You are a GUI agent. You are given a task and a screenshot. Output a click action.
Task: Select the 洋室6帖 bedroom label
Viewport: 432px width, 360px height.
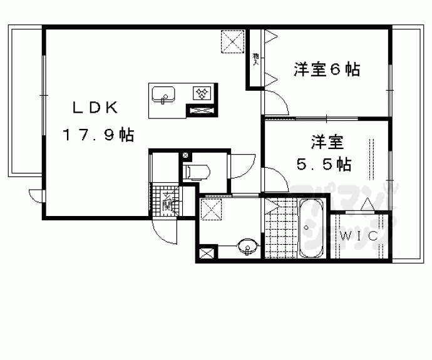[326, 69]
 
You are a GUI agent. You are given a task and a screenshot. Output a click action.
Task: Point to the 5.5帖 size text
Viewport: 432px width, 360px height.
[323, 165]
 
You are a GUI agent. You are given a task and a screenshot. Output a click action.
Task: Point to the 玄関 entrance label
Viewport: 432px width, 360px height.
[168, 202]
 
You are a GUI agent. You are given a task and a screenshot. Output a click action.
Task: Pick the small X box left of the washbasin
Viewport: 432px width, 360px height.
[205, 254]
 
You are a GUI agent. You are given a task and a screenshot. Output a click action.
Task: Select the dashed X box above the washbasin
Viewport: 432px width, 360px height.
[212, 208]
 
